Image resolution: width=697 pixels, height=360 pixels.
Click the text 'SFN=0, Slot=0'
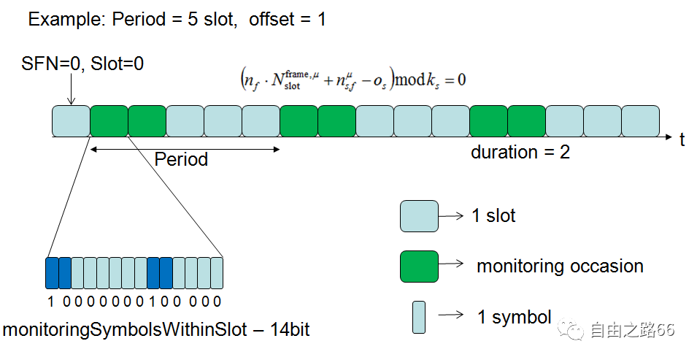pos(82,64)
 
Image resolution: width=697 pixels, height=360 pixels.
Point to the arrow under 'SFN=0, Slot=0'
pos(71,89)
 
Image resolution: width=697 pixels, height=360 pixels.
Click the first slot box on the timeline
pos(71,120)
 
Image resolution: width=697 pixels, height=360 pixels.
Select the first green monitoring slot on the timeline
pos(109,120)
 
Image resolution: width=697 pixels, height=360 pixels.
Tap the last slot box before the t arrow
pos(641,120)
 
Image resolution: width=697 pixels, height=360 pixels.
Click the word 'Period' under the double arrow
pos(181,159)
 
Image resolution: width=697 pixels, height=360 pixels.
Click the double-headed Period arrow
pos(185,150)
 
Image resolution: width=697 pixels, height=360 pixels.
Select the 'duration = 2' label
pos(520,152)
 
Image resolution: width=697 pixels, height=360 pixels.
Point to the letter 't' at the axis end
pos(682,139)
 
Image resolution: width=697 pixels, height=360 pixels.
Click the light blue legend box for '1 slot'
pos(419,216)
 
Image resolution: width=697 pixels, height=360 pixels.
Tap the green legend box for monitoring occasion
pos(419,267)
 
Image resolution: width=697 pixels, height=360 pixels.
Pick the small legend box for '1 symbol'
pos(419,317)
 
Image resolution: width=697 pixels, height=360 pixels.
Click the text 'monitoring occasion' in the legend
pos(560,266)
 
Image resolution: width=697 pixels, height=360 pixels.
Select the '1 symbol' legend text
pos(515,317)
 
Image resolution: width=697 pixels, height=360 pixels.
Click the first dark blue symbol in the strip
pos(52,273)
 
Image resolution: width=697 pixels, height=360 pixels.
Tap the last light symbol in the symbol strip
pos(217,273)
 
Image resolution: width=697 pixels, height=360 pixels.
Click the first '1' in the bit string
pos(50,302)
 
